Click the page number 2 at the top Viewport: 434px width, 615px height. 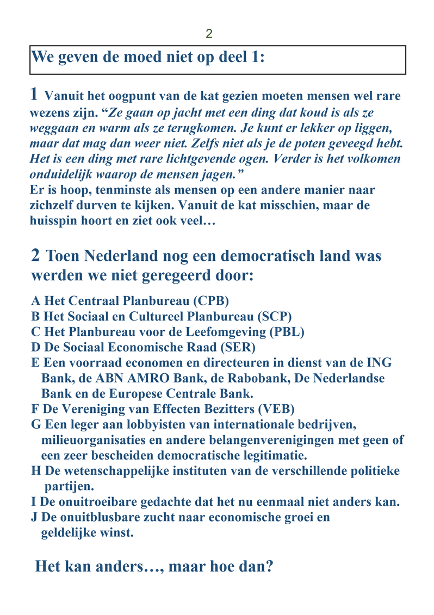point(209,34)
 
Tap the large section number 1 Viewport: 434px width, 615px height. point(34,95)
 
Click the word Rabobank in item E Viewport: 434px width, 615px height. point(294,378)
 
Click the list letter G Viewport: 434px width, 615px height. point(35,424)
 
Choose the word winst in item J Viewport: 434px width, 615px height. point(115,533)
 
